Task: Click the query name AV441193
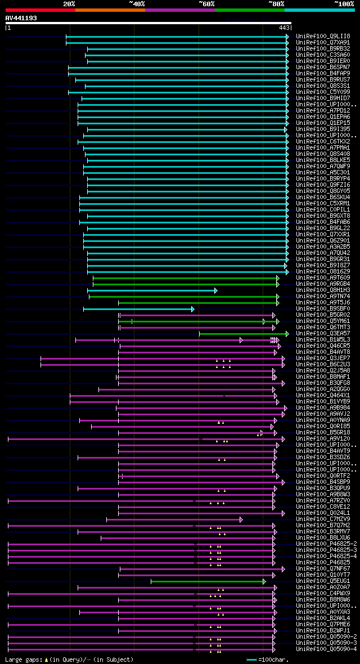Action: coord(21,18)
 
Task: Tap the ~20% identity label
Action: coord(69,3)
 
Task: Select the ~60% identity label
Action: coord(206,3)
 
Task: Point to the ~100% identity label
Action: coord(344,3)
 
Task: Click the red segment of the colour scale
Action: coord(40,10)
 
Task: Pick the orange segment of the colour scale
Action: coord(110,10)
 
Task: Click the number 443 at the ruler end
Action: coord(284,28)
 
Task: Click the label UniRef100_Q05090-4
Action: coord(327,649)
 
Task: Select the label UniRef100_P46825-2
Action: coord(327,544)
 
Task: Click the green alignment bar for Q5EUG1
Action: coord(208,581)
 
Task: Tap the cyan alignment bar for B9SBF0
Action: coord(138,309)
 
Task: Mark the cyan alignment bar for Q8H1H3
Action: coord(152,290)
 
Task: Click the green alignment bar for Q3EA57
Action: coord(242,334)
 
